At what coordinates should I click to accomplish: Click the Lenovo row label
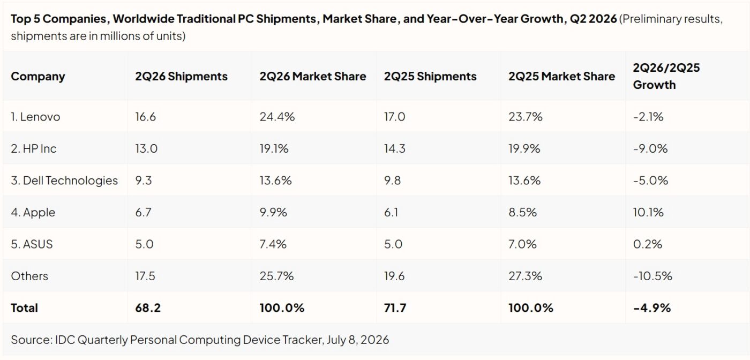(35, 117)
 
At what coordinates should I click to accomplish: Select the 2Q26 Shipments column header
(181, 77)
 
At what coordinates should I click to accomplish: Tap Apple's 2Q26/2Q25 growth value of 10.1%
(648, 212)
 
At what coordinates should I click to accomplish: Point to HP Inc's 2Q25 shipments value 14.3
(394, 148)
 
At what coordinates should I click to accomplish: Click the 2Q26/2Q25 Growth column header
(666, 77)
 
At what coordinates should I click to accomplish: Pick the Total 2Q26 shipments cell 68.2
(148, 307)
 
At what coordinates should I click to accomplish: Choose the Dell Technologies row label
(64, 181)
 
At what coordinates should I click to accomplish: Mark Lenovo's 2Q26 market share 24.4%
(277, 117)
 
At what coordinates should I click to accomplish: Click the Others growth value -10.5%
(652, 276)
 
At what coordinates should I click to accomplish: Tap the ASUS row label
(32, 244)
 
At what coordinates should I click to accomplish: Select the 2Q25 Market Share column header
(561, 77)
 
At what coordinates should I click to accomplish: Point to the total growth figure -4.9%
(652, 307)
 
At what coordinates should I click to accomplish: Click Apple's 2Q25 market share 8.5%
(523, 212)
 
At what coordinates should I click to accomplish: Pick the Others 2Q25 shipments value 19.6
(394, 276)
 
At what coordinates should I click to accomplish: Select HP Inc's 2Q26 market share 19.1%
(274, 148)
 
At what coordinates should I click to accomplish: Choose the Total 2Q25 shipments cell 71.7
(395, 307)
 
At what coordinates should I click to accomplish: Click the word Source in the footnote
(32, 340)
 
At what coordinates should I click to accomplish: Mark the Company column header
(38, 77)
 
